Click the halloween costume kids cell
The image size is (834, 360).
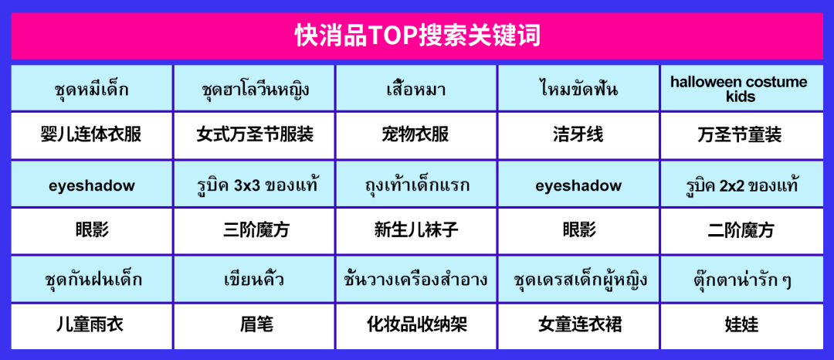(x=741, y=88)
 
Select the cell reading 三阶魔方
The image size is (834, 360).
(x=254, y=231)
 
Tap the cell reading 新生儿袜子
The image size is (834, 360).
(x=416, y=231)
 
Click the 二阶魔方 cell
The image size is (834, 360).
(x=741, y=231)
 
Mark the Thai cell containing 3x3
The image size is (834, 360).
(x=254, y=184)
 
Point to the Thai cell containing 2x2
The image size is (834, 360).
(x=741, y=184)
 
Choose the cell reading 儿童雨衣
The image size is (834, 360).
(x=91, y=326)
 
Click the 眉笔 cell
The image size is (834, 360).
(x=254, y=326)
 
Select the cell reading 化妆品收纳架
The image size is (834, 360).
(x=416, y=326)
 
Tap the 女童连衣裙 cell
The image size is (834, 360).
(x=578, y=326)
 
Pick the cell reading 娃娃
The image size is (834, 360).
(x=741, y=326)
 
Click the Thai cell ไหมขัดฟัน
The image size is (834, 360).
(x=578, y=88)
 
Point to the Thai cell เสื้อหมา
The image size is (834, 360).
(x=416, y=88)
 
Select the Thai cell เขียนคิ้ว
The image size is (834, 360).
(x=254, y=279)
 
